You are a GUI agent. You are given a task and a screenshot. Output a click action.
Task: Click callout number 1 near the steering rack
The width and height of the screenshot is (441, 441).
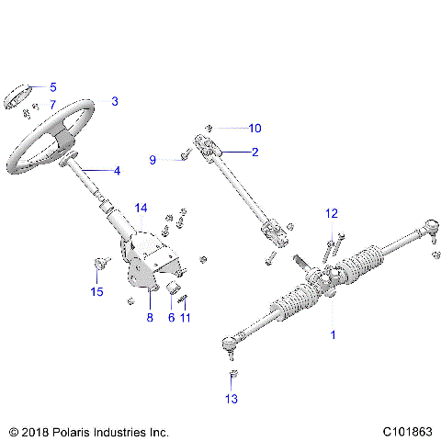pos(333,335)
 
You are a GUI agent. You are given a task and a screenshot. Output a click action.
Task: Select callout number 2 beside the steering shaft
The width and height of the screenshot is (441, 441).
pos(255,152)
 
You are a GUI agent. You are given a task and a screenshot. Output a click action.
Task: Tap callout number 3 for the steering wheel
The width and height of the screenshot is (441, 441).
pos(115,101)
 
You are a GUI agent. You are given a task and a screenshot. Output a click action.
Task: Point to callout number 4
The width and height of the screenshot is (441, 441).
pos(116,170)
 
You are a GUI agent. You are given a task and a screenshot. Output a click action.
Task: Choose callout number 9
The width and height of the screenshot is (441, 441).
pos(153,160)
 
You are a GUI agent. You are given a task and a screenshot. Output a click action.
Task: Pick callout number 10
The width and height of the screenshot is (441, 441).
pos(255,128)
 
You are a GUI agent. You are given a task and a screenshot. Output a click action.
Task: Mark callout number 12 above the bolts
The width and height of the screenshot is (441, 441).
pos(332,213)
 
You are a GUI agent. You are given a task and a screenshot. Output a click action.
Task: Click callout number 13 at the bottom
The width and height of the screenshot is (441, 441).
pos(231,399)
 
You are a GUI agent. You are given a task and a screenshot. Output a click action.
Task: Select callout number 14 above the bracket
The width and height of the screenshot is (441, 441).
pos(141,209)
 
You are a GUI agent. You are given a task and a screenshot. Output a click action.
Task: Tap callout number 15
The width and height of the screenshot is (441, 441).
pos(96,292)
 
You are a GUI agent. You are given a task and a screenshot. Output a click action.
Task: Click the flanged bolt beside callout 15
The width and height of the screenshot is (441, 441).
pos(98,267)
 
